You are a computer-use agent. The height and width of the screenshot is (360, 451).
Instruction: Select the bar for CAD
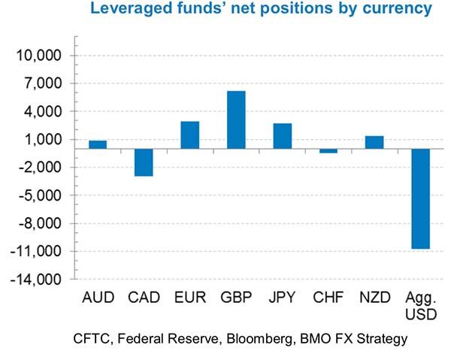tap(144, 162)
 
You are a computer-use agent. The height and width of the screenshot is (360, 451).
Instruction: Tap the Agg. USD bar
tap(420, 198)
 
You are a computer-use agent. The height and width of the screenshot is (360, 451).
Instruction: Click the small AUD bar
tap(98, 144)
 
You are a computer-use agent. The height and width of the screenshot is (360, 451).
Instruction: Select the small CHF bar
tap(328, 151)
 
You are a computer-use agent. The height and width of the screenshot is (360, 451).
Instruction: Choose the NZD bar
tap(374, 142)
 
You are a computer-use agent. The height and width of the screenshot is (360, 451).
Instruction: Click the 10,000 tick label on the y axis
tap(42, 56)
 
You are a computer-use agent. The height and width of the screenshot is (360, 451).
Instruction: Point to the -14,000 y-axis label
tap(40, 280)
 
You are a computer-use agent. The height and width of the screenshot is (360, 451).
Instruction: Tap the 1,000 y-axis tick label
tap(46, 140)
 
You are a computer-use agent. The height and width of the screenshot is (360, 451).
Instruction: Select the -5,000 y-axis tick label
tap(43, 195)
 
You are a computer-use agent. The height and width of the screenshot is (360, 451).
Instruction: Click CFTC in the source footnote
tap(92, 338)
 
